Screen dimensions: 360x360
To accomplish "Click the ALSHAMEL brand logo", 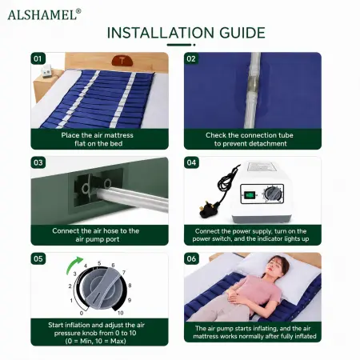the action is (44, 14).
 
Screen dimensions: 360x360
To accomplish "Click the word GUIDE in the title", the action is (242, 33).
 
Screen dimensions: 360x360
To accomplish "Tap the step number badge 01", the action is (38, 58).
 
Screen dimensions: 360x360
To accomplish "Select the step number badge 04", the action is (191, 162).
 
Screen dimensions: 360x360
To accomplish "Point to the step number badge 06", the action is (191, 258).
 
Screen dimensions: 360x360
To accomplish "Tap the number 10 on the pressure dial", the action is (121, 313).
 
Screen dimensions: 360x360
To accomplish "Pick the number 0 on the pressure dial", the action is (82, 313).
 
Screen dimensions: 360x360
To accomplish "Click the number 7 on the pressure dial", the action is (124, 272).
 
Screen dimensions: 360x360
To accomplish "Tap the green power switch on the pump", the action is (250, 195).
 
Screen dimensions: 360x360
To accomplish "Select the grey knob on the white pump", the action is (273, 194).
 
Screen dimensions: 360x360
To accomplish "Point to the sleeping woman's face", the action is (274, 266).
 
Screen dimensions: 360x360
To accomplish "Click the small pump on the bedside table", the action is (47, 70).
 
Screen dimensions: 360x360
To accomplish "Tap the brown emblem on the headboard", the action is (122, 61).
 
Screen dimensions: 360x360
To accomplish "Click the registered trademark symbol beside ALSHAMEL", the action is (78, 11).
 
